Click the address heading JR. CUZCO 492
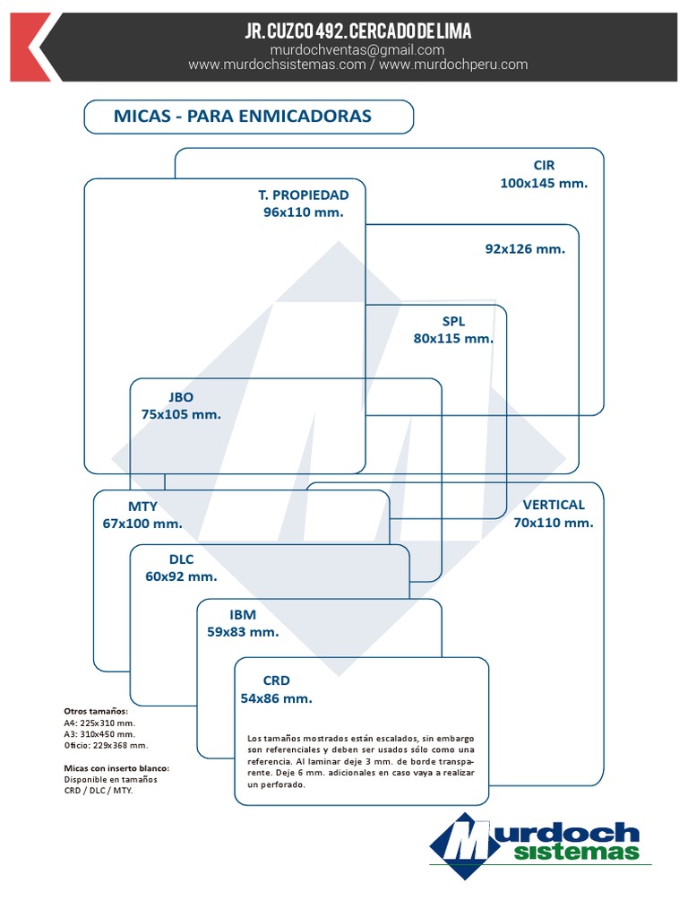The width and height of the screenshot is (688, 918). [x=297, y=31]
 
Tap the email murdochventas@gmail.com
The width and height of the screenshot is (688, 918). [x=357, y=50]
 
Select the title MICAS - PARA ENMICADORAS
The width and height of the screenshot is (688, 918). [x=242, y=116]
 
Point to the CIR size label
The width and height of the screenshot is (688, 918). [x=544, y=165]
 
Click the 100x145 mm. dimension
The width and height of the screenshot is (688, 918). [x=544, y=183]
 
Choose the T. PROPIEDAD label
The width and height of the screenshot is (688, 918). [x=303, y=195]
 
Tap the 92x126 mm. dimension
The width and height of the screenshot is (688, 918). [x=525, y=249]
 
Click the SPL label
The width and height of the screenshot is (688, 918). [x=453, y=322]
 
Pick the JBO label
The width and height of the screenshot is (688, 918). [x=181, y=397]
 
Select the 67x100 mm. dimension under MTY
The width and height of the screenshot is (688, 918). [x=142, y=524]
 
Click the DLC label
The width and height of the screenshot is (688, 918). [x=181, y=559]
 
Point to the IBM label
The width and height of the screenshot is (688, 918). [x=242, y=615]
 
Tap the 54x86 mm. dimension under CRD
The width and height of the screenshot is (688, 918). [x=276, y=698]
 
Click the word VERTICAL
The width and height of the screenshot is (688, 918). [x=554, y=505]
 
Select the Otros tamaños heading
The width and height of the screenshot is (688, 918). [x=95, y=711]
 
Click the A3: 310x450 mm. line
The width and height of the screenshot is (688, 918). [x=99, y=734]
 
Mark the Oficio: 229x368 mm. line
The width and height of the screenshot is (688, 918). [x=106, y=745]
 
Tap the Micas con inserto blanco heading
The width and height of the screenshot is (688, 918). [x=116, y=768]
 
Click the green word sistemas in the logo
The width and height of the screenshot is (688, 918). [x=576, y=852]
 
